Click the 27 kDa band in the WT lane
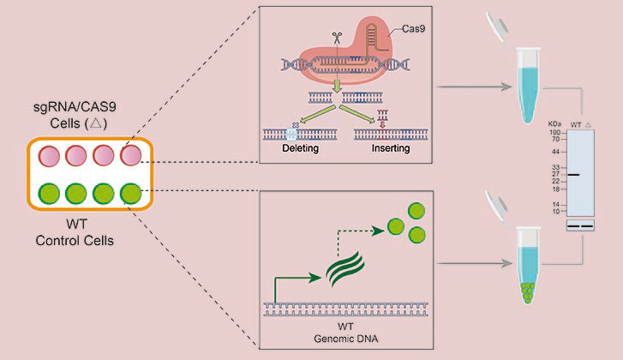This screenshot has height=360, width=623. pos(573,175)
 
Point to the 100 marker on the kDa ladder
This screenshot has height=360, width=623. pos(554,133)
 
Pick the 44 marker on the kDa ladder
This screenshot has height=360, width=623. pos(555,152)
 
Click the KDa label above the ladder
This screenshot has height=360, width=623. pos(554,124)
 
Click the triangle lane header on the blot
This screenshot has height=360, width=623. pos(588,124)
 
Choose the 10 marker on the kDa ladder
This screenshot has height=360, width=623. pos(555,210)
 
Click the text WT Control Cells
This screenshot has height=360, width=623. pos(75,232)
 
